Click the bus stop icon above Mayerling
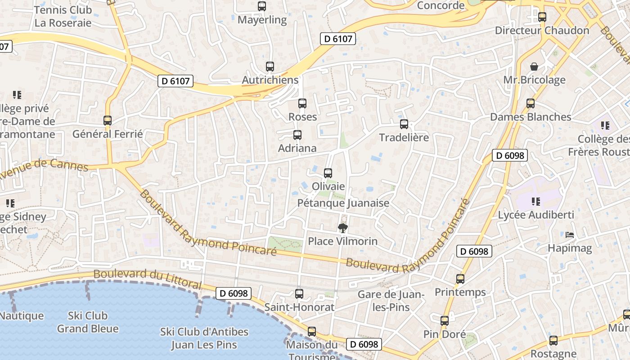click(x=261, y=6)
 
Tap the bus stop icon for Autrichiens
click(x=270, y=67)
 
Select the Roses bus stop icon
click(x=302, y=103)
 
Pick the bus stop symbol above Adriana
click(x=297, y=135)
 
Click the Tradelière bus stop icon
click(x=404, y=124)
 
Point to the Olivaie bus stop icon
click(x=328, y=173)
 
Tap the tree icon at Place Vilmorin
click(x=342, y=228)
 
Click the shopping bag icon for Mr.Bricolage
click(x=534, y=67)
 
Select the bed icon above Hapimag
click(x=569, y=234)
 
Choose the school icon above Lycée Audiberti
click(x=535, y=201)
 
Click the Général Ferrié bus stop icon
click(x=107, y=121)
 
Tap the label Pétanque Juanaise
click(x=343, y=203)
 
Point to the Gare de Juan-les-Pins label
click(x=391, y=301)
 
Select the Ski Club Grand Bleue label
click(x=88, y=322)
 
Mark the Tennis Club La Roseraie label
click(x=63, y=16)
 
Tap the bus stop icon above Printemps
click(x=460, y=279)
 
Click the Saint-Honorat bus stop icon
click(x=299, y=294)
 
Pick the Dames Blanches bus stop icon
click(x=531, y=103)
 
